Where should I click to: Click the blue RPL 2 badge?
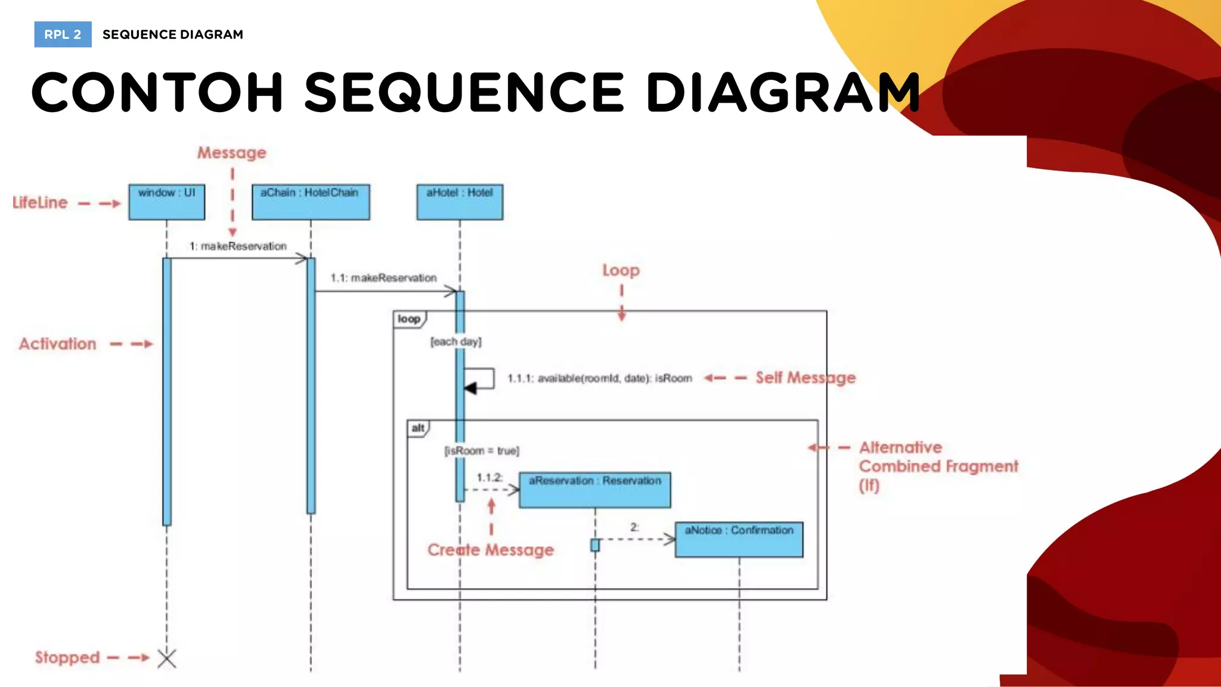(x=63, y=35)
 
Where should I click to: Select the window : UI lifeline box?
(x=167, y=202)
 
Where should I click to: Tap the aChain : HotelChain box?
(x=311, y=202)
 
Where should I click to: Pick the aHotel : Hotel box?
(x=460, y=202)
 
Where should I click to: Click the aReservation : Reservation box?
(x=594, y=490)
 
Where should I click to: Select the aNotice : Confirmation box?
(x=739, y=540)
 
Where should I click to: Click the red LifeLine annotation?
(x=40, y=203)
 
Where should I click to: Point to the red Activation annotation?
(x=57, y=344)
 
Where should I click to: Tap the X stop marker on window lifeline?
(x=167, y=658)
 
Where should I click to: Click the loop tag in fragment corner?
(x=410, y=319)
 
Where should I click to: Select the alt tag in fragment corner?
(x=418, y=428)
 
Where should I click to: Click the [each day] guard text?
(x=456, y=342)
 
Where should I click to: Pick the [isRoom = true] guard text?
(x=482, y=451)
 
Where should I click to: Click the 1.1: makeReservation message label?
(x=383, y=278)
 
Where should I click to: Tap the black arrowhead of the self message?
(x=470, y=389)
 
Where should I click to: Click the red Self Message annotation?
(x=805, y=377)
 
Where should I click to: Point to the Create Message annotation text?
(x=491, y=550)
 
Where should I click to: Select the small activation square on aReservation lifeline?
(x=595, y=545)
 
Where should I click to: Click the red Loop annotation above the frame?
(x=621, y=270)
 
